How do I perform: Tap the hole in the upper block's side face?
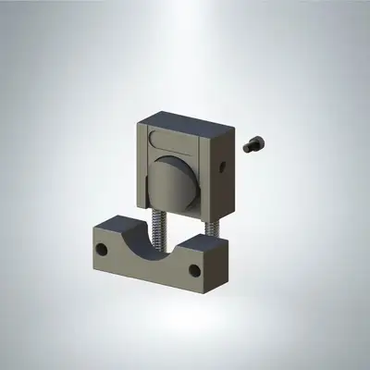[x=222, y=167]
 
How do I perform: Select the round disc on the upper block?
[x=174, y=180]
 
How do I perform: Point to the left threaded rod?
[x=159, y=228]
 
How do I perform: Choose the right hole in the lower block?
[x=194, y=271]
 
